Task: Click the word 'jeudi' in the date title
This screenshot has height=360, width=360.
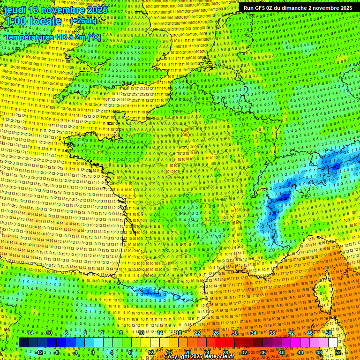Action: [15, 10]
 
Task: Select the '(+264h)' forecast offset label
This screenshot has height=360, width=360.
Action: [83, 21]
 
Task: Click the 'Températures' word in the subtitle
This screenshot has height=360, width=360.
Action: [28, 37]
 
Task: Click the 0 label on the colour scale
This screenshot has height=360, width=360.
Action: [93, 352]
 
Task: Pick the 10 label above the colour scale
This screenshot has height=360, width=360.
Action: [140, 333]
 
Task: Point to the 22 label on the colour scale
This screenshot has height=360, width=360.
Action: [197, 333]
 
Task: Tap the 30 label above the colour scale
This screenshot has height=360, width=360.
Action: [235, 333]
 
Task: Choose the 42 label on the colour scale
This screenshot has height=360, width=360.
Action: [291, 333]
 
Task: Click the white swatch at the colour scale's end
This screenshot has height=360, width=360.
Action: [333, 343]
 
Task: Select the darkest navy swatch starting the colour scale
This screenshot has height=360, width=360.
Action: [23, 343]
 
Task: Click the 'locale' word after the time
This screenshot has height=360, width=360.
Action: [47, 21]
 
